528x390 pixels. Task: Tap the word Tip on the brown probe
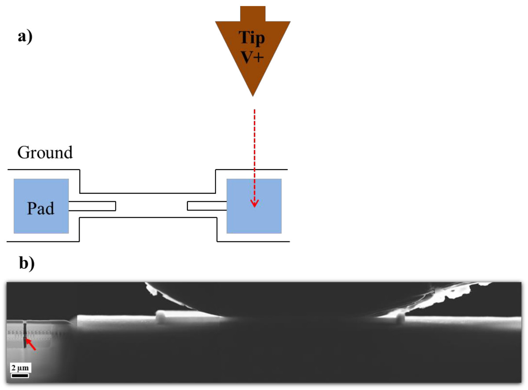point(252,38)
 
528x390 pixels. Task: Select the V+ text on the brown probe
point(252,58)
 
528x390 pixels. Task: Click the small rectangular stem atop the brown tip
point(253,13)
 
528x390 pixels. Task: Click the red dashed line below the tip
point(254,145)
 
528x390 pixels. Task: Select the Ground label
point(45,152)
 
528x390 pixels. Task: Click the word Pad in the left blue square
point(40,208)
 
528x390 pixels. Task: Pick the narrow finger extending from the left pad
point(92,206)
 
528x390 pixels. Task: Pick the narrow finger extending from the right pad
point(207,206)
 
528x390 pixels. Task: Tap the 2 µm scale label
point(20,367)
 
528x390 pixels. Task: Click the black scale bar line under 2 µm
point(20,376)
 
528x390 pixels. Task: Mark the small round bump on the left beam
point(161,315)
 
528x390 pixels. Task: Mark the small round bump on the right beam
point(400,317)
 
